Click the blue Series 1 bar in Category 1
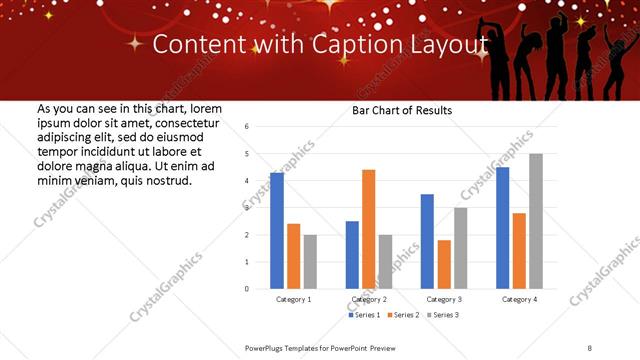point(277,231)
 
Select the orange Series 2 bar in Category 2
point(369,229)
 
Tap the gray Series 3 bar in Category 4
point(536,221)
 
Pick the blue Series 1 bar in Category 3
point(427,241)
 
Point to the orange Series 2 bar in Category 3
point(444,264)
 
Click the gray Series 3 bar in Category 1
point(310,261)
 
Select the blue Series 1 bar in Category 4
point(502,228)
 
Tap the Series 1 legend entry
point(365,315)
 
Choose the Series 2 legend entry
point(402,315)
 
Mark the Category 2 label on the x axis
point(369,299)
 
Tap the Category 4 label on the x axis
point(519,299)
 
